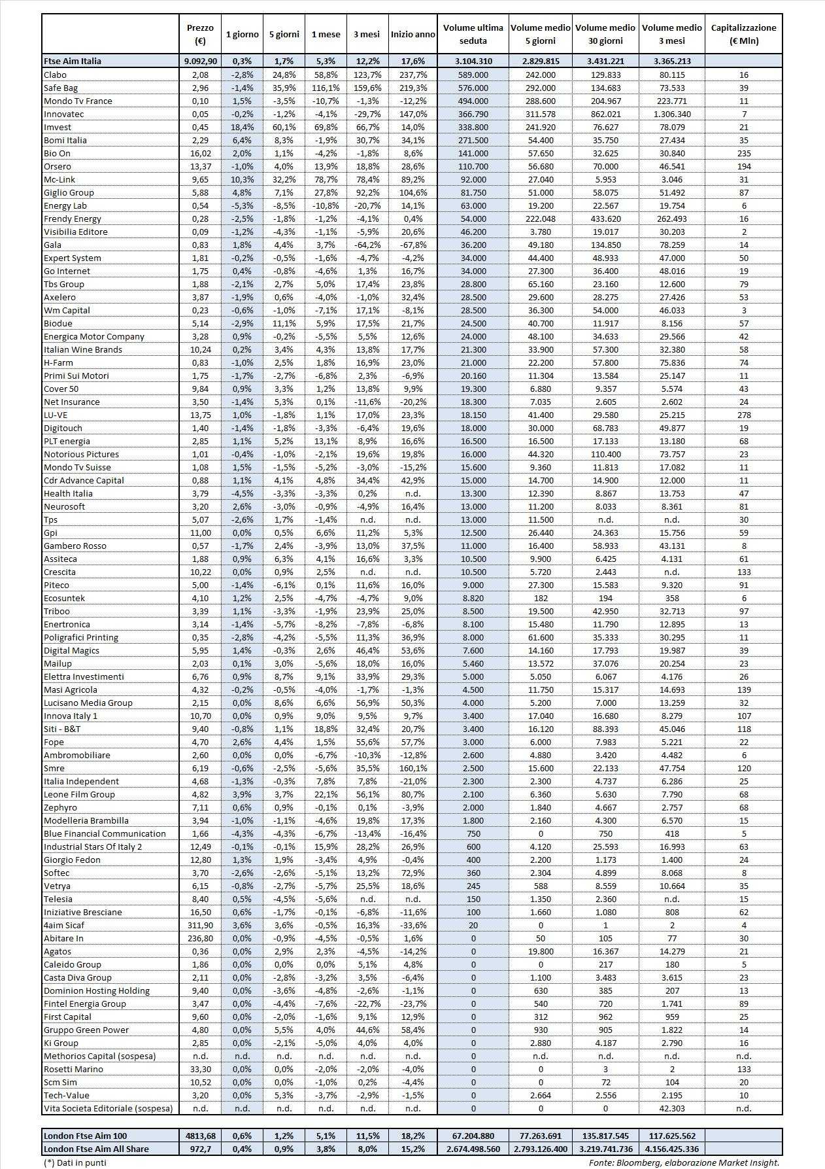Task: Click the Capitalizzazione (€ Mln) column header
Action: [x=743, y=34]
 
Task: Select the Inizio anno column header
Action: [x=412, y=34]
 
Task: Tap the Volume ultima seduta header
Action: [x=473, y=34]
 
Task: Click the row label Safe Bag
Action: [x=61, y=88]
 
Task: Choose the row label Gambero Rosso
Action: [x=75, y=546]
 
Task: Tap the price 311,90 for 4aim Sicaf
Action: [x=200, y=925]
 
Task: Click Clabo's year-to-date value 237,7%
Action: [x=412, y=75]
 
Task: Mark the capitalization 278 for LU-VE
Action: [x=743, y=415]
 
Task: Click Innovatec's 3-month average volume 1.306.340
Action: [x=672, y=114]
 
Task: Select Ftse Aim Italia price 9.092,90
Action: [x=200, y=61]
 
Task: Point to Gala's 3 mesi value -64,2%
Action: [x=368, y=245]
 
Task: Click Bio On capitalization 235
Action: [x=743, y=153]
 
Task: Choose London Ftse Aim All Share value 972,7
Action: [x=200, y=1149]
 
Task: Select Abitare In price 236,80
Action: [x=200, y=938]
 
